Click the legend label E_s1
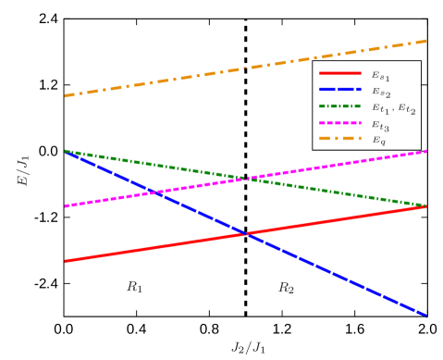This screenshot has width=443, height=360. coord(380,74)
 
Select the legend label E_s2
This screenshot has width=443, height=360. coord(380,91)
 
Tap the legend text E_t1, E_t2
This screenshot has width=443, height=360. coord(393,108)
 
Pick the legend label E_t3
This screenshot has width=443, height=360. coord(380,125)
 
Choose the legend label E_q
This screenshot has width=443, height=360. coord(378,141)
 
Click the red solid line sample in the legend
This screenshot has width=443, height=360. coord(339,73)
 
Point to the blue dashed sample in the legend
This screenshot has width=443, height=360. coord(339,90)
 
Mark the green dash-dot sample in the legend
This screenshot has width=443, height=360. coord(339,106)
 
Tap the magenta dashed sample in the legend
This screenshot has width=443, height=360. coord(339,123)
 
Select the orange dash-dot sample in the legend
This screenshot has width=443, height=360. coord(339,139)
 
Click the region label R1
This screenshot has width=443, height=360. coord(135,287)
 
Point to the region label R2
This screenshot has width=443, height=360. coord(287,288)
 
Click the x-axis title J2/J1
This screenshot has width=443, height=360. coord(248,348)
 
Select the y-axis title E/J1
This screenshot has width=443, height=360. coord(24,171)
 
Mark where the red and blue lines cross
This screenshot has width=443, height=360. coord(246,233)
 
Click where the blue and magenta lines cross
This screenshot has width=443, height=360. coord(156,192)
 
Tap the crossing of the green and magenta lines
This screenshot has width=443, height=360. coord(246,178)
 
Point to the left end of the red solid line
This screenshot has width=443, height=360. coord(66,261)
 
